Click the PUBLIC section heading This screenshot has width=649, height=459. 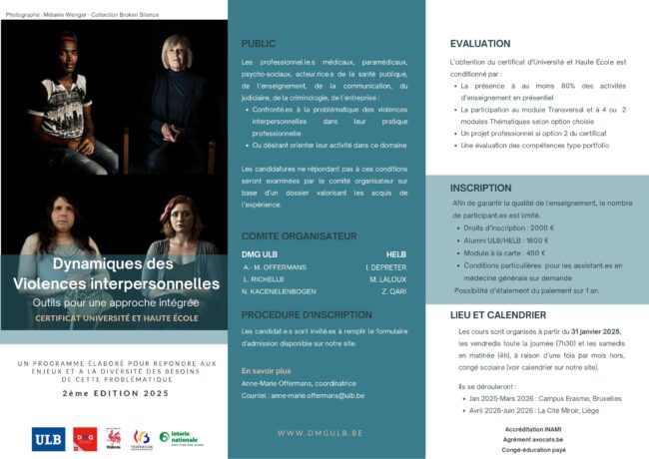tap(259, 44)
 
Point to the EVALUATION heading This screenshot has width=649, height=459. tap(479, 44)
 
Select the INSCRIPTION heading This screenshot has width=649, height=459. tap(480, 188)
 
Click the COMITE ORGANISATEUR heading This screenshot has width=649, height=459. tap(299, 236)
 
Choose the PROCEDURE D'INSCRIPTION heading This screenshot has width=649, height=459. tap(307, 315)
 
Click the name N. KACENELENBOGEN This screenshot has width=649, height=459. tap(286, 292)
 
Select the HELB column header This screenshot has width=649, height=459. tap(396, 254)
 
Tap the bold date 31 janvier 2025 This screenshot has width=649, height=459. tap(595, 330)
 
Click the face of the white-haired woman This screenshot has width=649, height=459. tap(173, 52)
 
